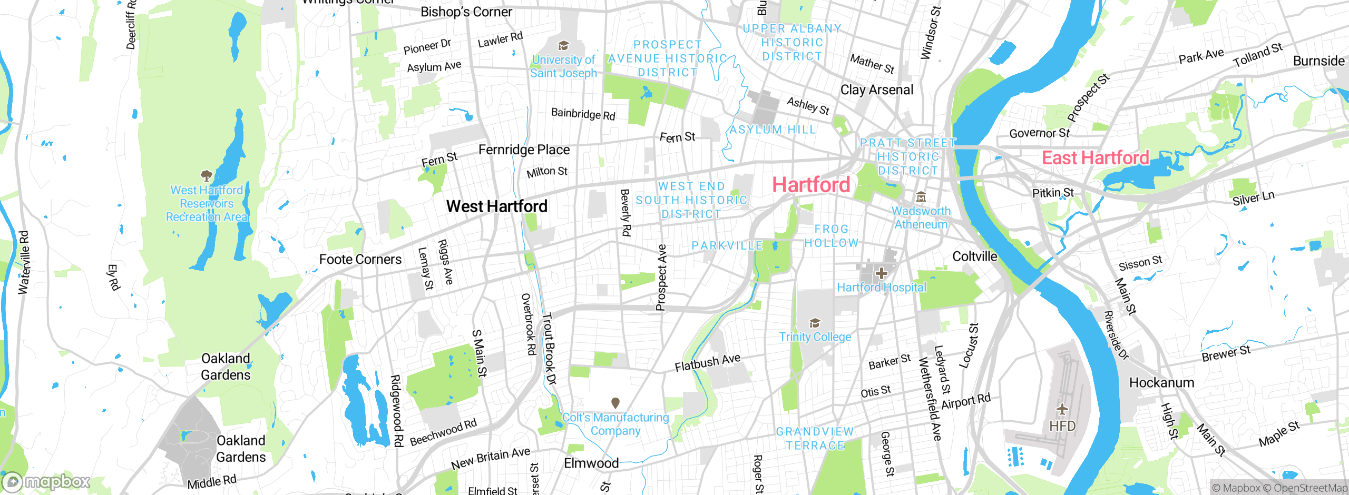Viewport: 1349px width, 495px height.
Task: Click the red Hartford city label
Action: tap(811, 185)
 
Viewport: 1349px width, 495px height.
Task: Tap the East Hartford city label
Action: tap(1095, 158)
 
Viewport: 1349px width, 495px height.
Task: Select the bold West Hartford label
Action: tap(496, 206)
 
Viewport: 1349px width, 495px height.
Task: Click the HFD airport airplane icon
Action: tap(1062, 409)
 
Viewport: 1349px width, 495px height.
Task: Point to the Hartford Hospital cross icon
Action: tap(881, 273)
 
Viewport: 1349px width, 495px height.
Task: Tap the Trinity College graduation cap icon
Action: tap(815, 323)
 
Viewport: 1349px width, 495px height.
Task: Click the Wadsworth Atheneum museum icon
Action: tap(921, 197)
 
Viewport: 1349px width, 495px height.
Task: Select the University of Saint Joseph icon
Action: tap(563, 46)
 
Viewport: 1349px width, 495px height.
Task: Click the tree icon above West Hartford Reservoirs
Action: tap(206, 175)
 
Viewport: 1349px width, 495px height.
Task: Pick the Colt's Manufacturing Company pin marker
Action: tap(615, 403)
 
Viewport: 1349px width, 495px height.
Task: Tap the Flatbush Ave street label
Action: tap(707, 362)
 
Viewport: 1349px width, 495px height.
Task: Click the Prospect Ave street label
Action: tap(661, 278)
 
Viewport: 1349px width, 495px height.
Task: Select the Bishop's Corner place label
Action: tap(466, 12)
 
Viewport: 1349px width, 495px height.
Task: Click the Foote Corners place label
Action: tap(360, 259)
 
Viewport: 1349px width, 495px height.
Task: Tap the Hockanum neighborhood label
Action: tap(1161, 382)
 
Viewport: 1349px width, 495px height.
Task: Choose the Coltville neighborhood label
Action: tap(974, 256)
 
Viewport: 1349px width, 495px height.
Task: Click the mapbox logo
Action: tap(46, 481)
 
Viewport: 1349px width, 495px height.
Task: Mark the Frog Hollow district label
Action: tap(831, 236)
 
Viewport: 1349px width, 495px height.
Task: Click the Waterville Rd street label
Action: tap(24, 262)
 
